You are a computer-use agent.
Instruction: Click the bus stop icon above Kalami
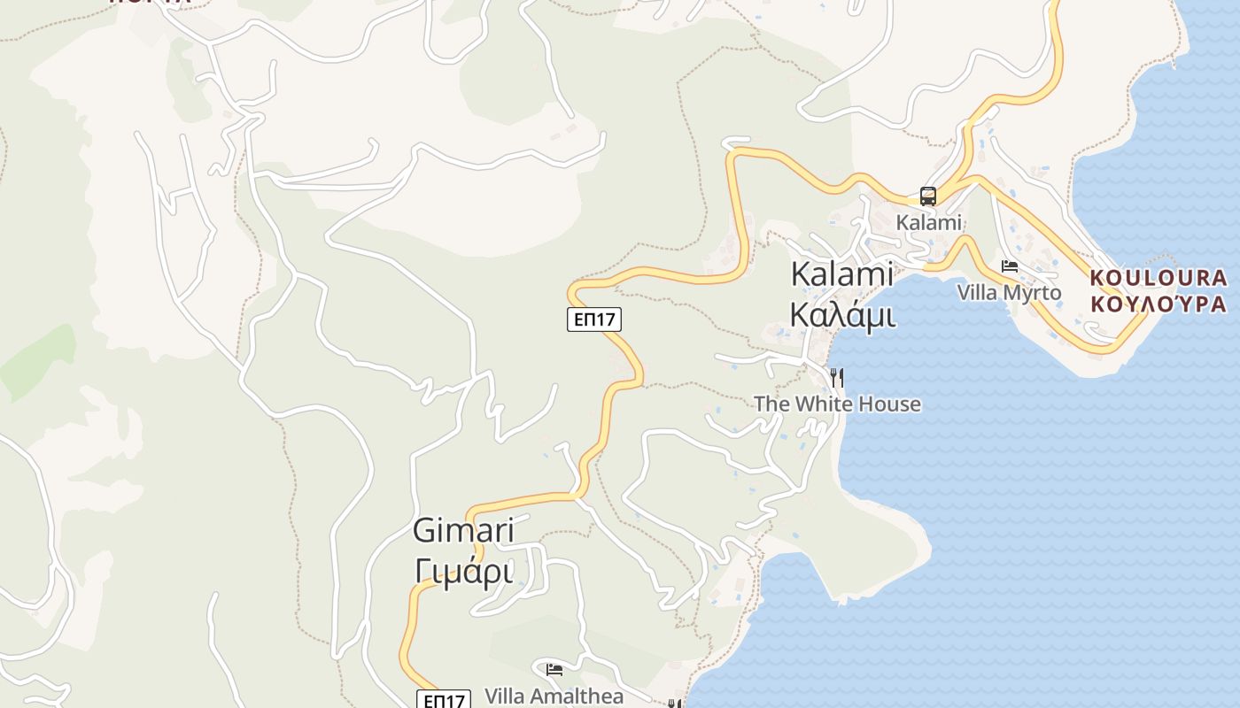(x=928, y=196)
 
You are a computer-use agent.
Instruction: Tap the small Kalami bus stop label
(x=928, y=222)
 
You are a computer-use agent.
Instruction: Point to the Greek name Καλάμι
(x=841, y=314)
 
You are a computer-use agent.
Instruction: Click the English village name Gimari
(x=463, y=531)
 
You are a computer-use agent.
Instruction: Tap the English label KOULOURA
(x=1159, y=278)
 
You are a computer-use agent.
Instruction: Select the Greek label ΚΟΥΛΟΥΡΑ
(x=1159, y=304)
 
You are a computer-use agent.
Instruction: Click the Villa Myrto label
(x=1009, y=292)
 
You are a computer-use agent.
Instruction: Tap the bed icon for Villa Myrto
(x=1009, y=265)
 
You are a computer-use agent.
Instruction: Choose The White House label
(x=837, y=404)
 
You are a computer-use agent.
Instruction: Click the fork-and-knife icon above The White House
(x=837, y=379)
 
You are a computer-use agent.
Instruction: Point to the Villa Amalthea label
(x=554, y=696)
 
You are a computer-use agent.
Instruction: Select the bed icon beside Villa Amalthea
(x=554, y=670)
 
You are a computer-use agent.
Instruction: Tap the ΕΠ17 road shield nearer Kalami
(x=594, y=319)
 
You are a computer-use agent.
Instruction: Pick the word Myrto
(x=1033, y=292)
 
